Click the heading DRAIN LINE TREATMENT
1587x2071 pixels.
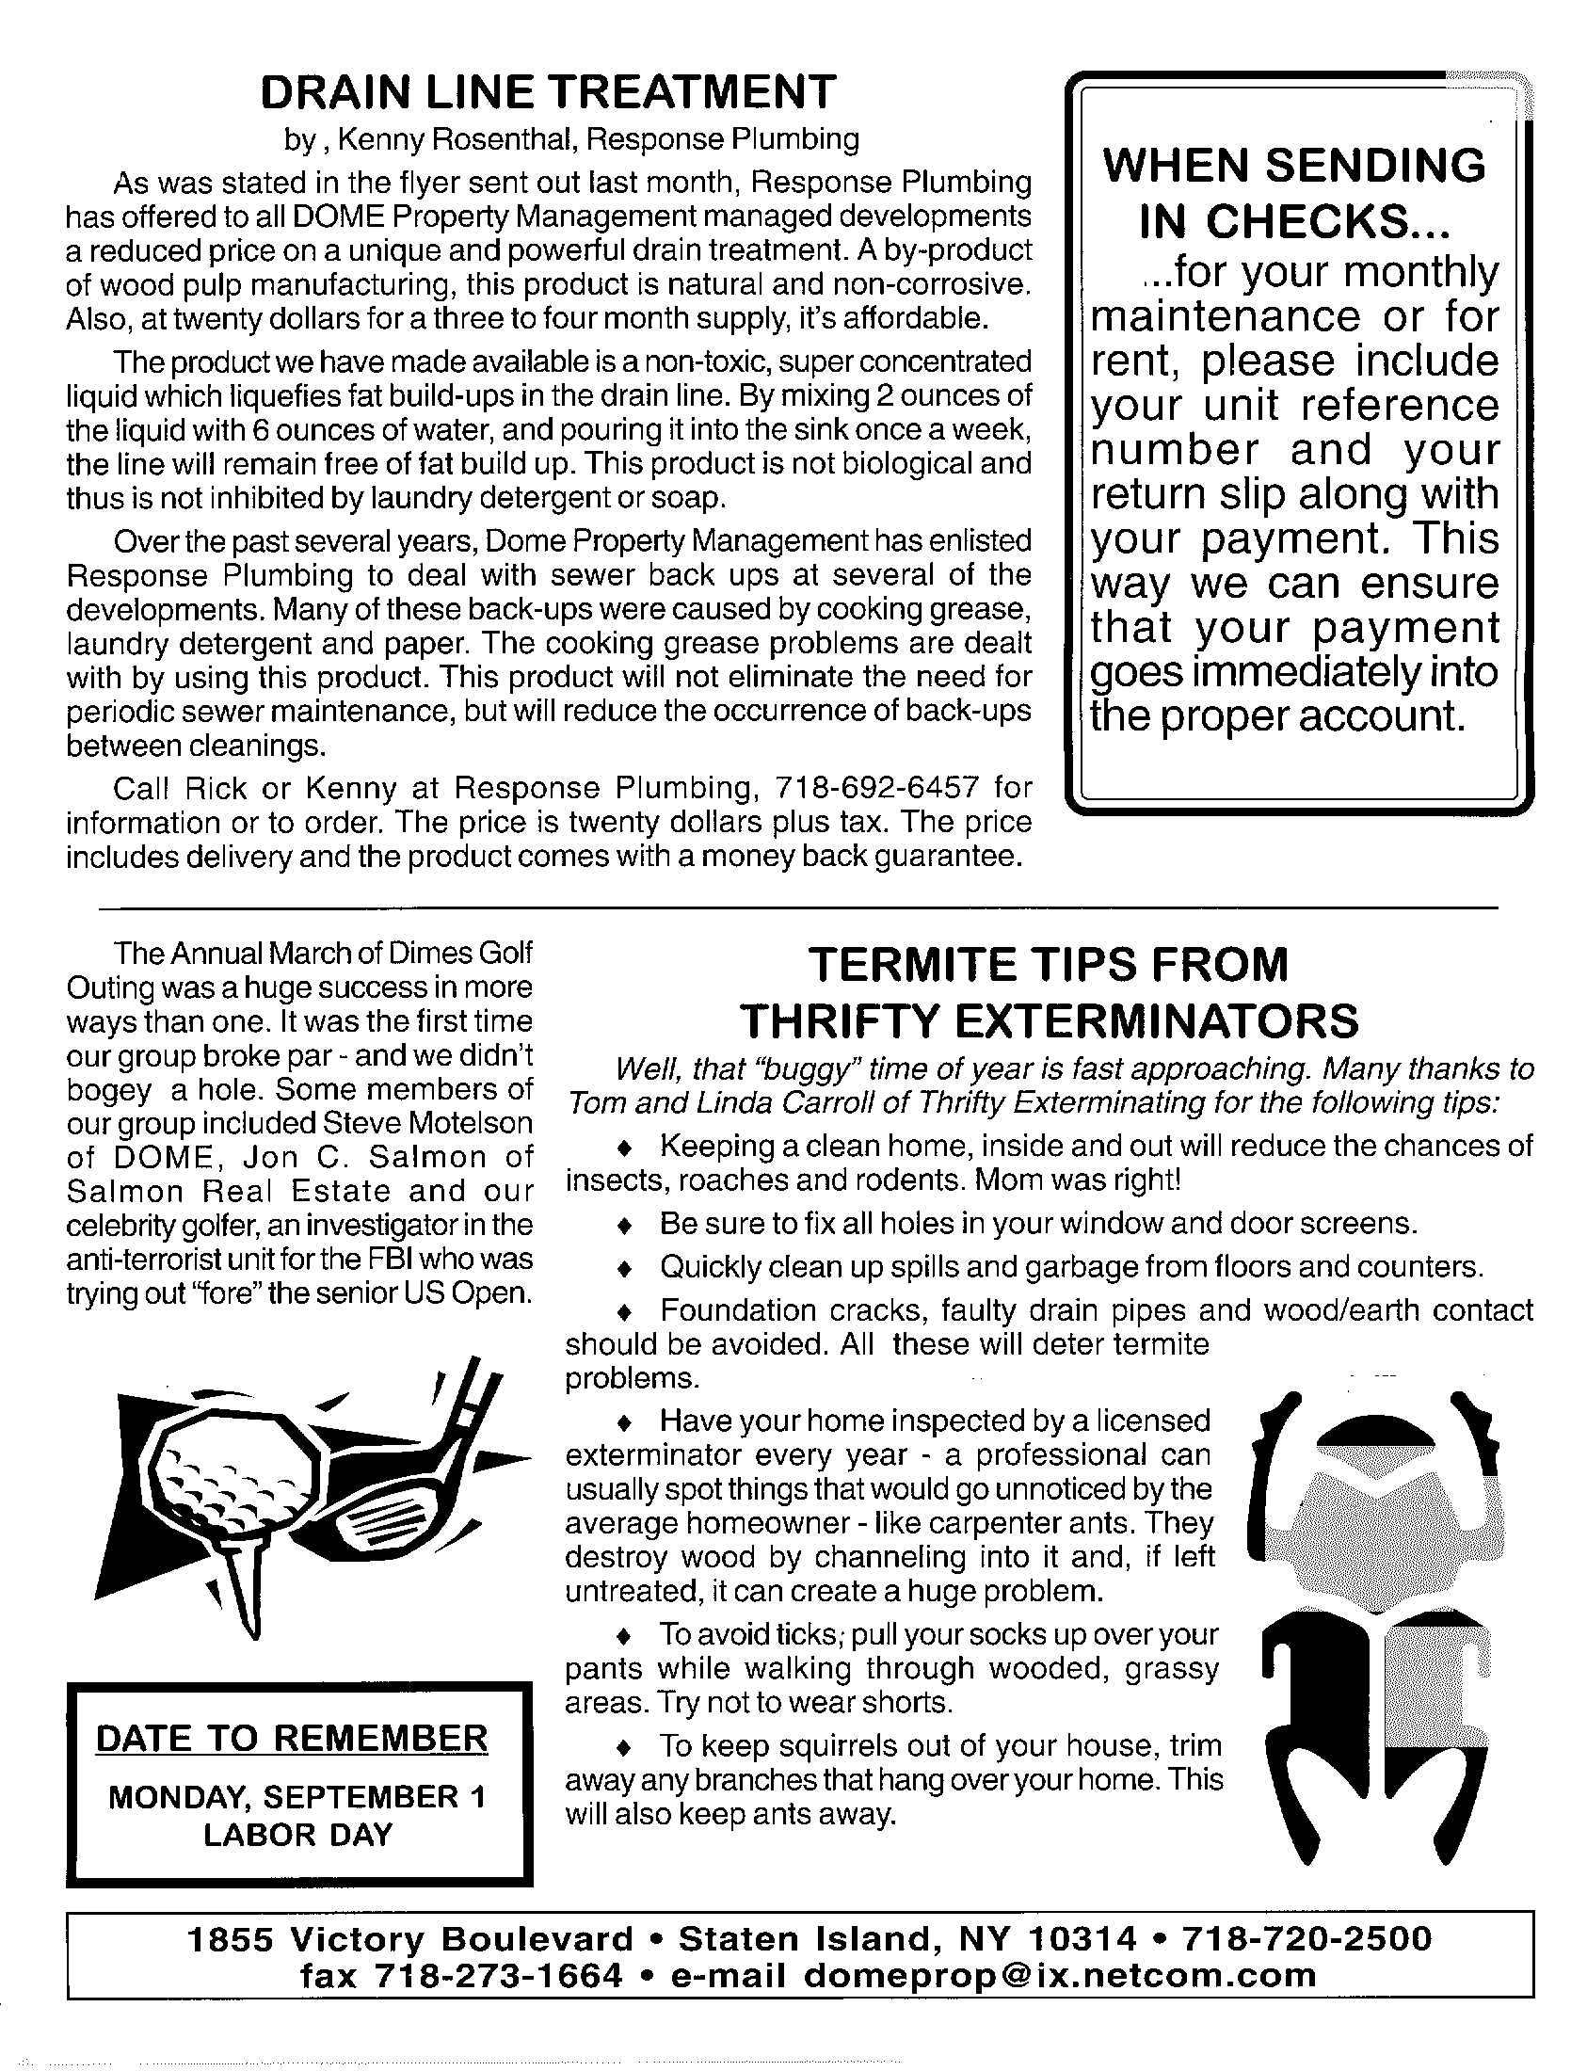pyautogui.click(x=548, y=92)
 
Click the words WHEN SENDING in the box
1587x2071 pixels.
pyautogui.click(x=1294, y=167)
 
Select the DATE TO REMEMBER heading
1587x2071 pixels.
pyautogui.click(x=292, y=1739)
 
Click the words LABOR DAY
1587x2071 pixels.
pyautogui.click(x=297, y=1835)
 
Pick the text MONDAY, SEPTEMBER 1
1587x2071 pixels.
pyautogui.click(x=297, y=1796)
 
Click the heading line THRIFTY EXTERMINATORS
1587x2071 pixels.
pyautogui.click(x=1049, y=1020)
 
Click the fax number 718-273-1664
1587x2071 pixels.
pyautogui.click(x=499, y=1975)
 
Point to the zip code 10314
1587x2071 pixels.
pyautogui.click(x=1082, y=1938)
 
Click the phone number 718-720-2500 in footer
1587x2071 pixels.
pyautogui.click(x=1307, y=1938)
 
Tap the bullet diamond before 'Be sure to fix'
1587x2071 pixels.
pyautogui.click(x=623, y=1226)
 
